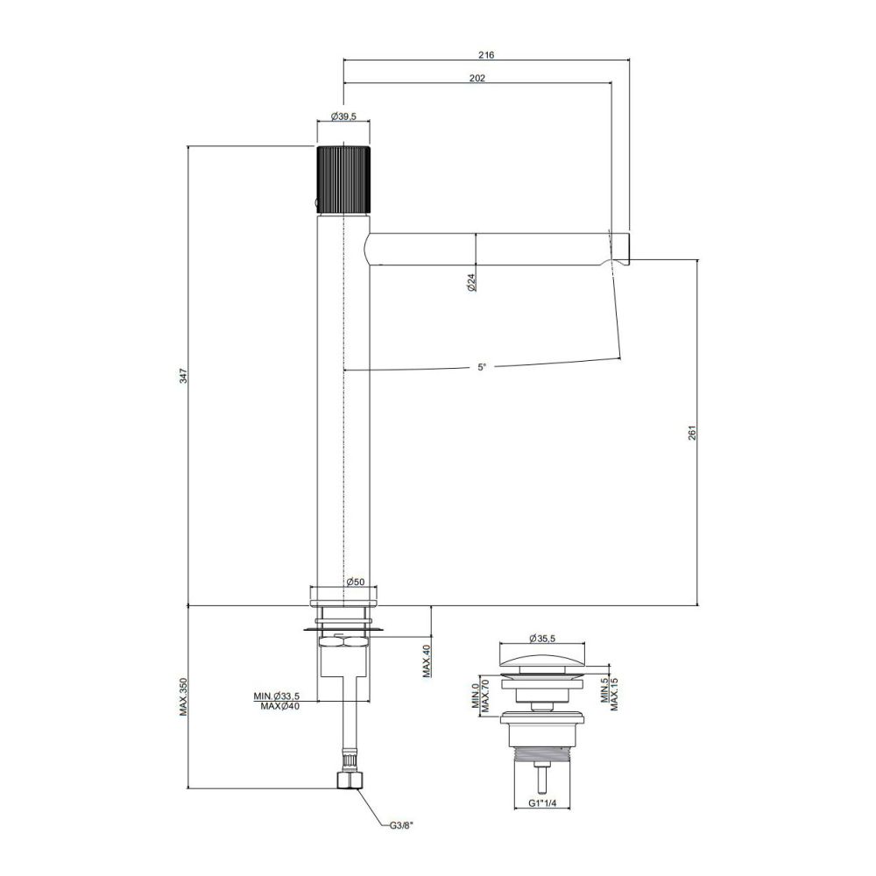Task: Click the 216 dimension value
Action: (x=486, y=54)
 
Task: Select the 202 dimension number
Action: (x=477, y=78)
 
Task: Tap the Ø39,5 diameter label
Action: (x=343, y=117)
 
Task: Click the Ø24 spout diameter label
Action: (x=471, y=281)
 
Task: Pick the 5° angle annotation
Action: (x=482, y=368)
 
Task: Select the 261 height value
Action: (x=692, y=433)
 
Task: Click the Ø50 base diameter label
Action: (x=356, y=582)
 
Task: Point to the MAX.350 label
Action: (x=184, y=696)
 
